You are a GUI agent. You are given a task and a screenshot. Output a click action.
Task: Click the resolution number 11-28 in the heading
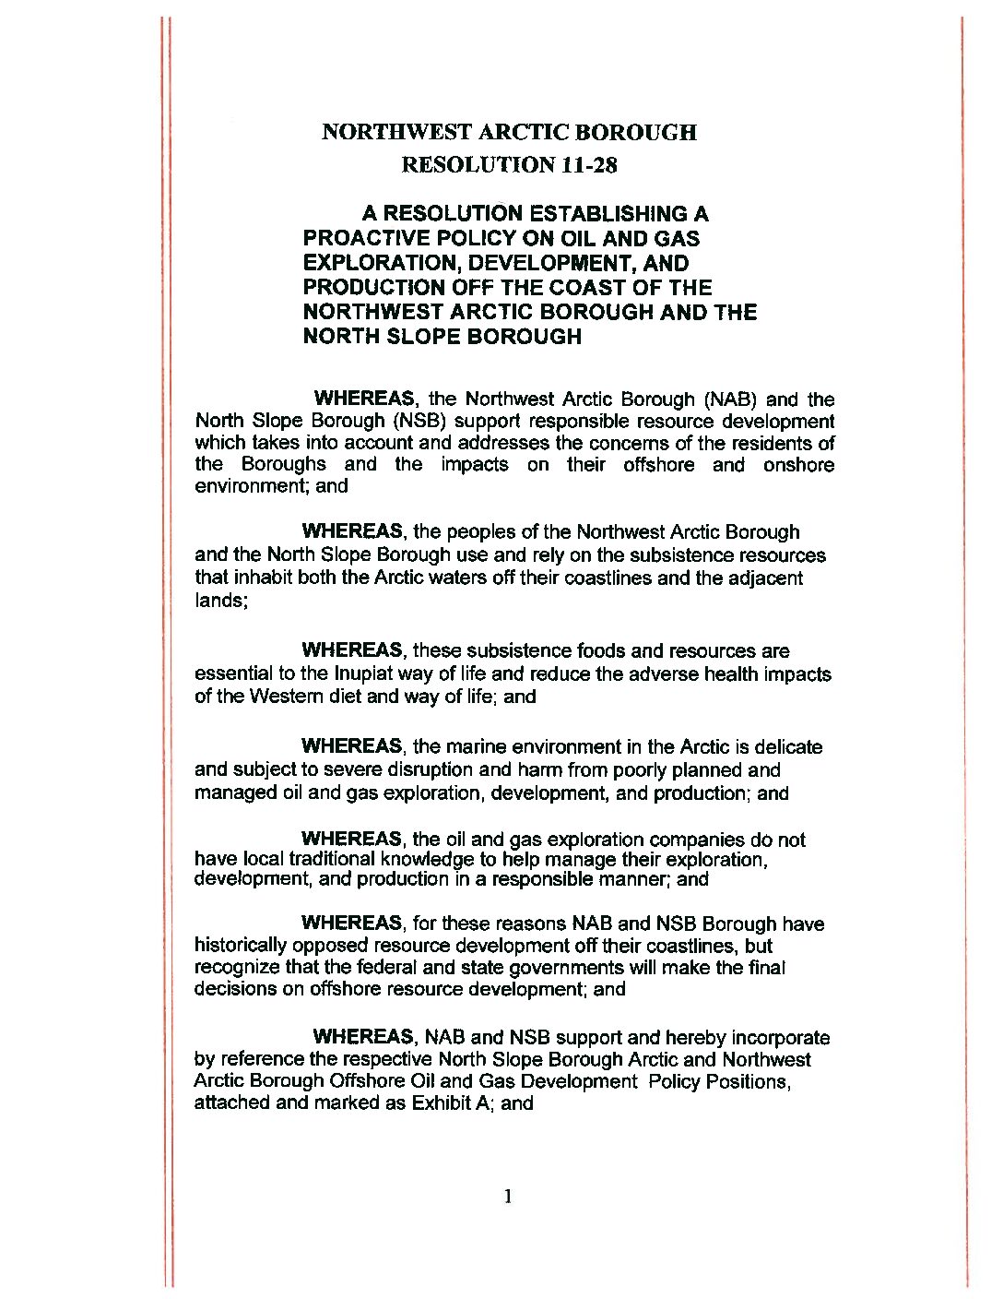[x=588, y=165]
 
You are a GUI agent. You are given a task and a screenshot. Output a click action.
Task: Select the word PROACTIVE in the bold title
[x=367, y=239]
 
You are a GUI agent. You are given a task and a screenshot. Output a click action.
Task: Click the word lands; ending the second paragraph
[x=221, y=601]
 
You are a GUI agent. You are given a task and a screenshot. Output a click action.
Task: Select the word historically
[x=241, y=946]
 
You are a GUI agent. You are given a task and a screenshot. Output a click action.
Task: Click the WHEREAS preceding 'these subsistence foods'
[x=352, y=651]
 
